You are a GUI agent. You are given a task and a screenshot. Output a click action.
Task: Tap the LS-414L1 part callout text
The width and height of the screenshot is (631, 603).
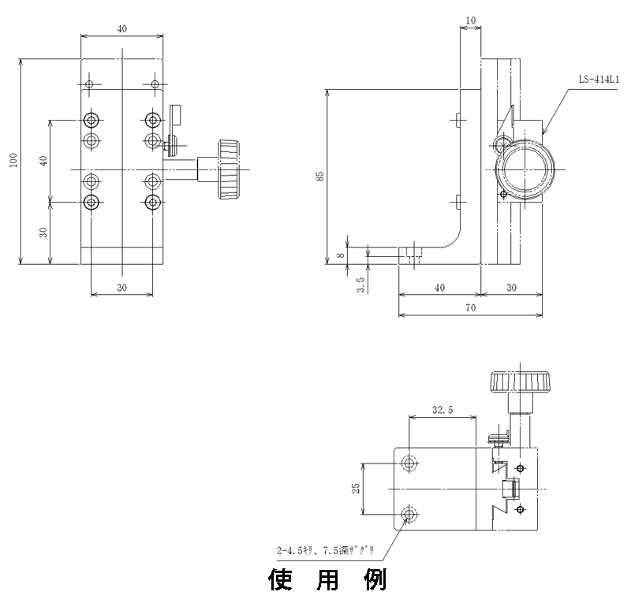(599, 80)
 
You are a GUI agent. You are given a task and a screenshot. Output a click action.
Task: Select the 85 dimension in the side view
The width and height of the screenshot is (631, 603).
(319, 176)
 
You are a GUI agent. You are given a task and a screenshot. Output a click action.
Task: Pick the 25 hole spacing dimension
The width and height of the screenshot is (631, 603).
(357, 489)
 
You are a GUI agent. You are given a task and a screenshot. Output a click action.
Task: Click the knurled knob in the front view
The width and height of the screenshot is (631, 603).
(230, 169)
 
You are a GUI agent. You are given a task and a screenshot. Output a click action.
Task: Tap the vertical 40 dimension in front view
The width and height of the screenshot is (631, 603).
(44, 160)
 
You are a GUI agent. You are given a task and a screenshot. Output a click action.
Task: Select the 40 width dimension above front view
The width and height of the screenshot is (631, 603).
(122, 28)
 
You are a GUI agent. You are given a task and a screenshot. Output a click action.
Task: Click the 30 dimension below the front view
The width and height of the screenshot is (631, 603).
(122, 288)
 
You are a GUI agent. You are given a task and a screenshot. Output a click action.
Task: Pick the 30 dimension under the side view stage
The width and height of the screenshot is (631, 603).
(511, 288)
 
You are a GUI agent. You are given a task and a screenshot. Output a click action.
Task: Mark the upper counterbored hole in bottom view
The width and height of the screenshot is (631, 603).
(409, 463)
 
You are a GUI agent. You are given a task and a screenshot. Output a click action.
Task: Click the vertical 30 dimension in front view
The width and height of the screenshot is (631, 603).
(44, 232)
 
